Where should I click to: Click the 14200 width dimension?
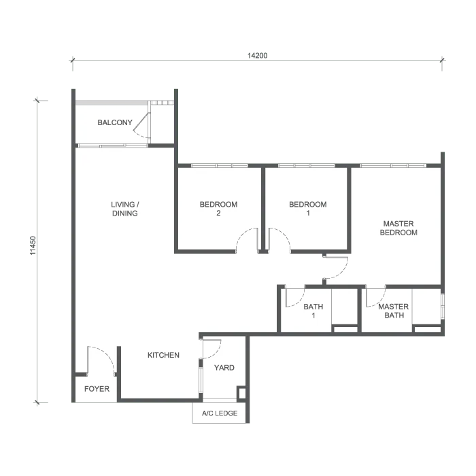pos(258,56)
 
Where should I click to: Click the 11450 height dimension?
pos(33,245)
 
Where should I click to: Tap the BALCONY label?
pos(115,122)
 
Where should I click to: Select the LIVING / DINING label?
pos(124,209)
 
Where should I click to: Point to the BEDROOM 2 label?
pos(218,209)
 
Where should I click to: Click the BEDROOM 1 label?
pos(308,209)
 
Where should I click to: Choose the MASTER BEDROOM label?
pos(398,228)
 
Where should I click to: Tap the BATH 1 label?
pos(313,311)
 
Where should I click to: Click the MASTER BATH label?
pos(394,311)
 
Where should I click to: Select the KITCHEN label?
pos(163,355)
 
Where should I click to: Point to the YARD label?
pos(224,368)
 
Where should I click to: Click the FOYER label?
pos(97,389)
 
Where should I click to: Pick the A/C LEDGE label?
pos(220,413)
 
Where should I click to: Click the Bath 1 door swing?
pos(299,303)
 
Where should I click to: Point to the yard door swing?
pos(216,353)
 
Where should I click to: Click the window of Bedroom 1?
pos(307,165)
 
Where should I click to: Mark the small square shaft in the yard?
pos(241,393)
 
